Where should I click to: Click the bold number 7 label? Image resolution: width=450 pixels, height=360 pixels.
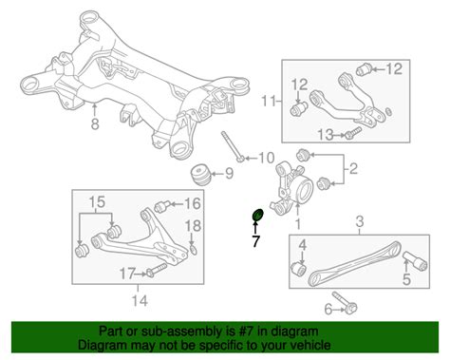[x=255, y=241]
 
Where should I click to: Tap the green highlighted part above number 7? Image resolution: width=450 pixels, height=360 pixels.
[x=257, y=215]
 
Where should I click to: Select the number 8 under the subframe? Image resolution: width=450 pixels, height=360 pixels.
[x=95, y=124]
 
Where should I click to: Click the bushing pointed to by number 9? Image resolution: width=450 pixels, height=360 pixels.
[x=200, y=175]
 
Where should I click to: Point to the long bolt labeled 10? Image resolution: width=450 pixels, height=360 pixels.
[x=233, y=146]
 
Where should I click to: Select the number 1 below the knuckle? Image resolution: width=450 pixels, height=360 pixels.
[x=297, y=224]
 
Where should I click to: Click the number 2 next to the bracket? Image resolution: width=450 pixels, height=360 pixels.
[x=353, y=168]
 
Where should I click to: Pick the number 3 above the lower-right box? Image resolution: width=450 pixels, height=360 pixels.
[x=360, y=221]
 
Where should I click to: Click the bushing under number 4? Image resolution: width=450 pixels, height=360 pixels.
[x=298, y=269]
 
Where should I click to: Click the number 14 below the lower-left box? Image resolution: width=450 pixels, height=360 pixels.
[x=140, y=300]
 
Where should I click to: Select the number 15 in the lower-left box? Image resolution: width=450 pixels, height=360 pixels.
[x=97, y=201]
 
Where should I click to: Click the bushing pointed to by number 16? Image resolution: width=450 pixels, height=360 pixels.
[x=163, y=206]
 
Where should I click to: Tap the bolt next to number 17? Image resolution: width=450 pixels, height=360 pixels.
[x=157, y=270]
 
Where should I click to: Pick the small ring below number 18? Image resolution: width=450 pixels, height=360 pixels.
[x=193, y=249]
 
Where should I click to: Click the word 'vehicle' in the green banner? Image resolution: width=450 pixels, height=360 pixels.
[x=308, y=345]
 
